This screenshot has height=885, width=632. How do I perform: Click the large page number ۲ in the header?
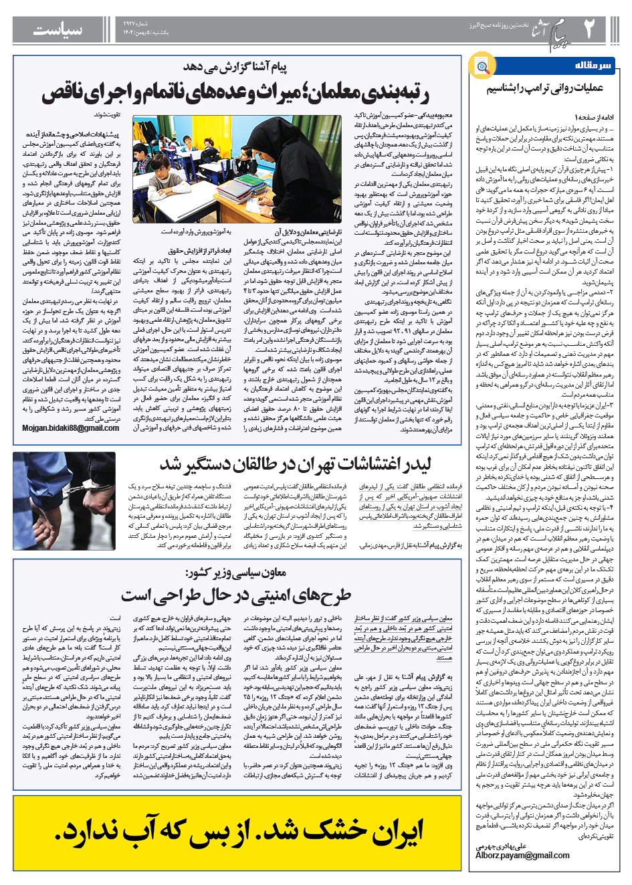(x=589, y=27)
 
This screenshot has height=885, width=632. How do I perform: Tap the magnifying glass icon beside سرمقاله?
(x=482, y=66)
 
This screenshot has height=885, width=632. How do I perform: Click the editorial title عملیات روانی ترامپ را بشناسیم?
(x=544, y=89)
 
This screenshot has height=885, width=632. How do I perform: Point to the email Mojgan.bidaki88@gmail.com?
(x=71, y=428)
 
